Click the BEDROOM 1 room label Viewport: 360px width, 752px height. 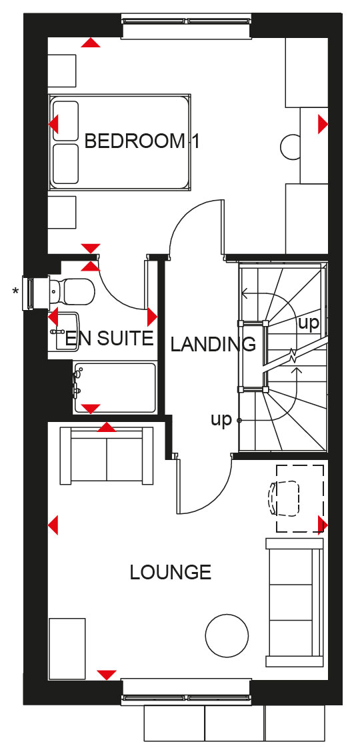(x=142, y=141)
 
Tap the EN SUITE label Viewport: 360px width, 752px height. (x=109, y=339)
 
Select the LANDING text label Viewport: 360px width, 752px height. (x=213, y=344)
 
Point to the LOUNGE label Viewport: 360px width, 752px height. (x=171, y=572)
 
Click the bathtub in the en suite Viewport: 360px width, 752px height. (x=115, y=387)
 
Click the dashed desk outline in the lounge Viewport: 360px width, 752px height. (x=300, y=498)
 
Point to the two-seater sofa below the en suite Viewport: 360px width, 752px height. (x=107, y=455)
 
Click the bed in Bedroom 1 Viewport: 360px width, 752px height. (x=120, y=141)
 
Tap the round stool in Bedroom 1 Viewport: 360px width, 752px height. (x=291, y=147)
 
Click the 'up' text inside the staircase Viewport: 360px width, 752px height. (x=308, y=323)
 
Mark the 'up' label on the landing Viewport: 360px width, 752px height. (x=221, y=420)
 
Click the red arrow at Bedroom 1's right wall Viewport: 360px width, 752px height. (x=323, y=125)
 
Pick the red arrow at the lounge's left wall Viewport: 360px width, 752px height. (x=53, y=525)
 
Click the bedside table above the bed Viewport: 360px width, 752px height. (x=62, y=71)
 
